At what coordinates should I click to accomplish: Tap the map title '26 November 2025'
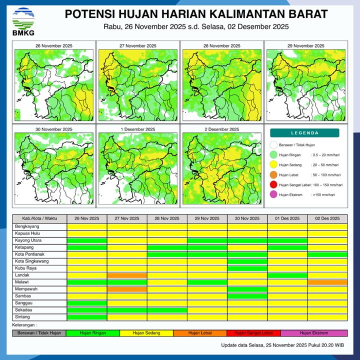click(53, 45)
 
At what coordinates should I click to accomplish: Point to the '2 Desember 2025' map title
click(220, 129)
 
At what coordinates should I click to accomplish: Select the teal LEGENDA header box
click(304, 133)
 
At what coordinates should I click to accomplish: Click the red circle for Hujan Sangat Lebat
click(273, 185)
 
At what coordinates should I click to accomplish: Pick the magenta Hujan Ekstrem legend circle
click(273, 195)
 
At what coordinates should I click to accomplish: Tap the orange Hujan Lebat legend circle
click(273, 175)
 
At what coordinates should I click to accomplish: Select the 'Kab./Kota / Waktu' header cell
click(39, 218)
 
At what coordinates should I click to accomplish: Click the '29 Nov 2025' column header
click(207, 218)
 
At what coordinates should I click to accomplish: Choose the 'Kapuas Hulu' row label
click(27, 233)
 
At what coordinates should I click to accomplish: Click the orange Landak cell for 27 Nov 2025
click(127, 275)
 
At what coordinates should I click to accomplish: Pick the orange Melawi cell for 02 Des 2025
click(327, 282)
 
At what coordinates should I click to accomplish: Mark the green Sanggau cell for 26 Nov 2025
click(87, 303)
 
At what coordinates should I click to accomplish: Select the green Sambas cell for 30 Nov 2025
click(247, 296)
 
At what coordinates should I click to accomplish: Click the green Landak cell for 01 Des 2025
click(287, 275)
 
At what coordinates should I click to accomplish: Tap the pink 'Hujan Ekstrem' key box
click(313, 332)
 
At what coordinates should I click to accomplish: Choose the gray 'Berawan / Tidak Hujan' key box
click(39, 332)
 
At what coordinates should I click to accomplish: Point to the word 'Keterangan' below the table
click(24, 325)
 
